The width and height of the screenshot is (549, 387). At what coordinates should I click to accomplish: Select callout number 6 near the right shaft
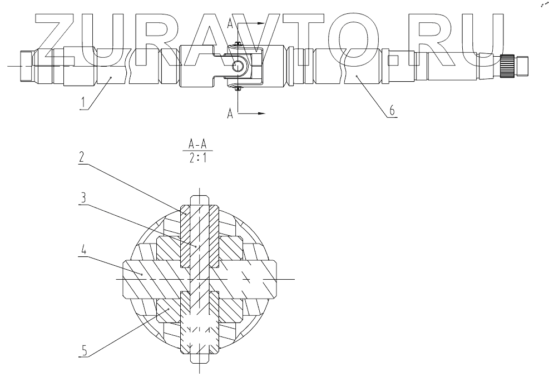point(391,111)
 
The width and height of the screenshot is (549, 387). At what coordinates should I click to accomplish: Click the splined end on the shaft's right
point(508,65)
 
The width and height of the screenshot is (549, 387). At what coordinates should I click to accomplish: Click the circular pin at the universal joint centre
point(238,66)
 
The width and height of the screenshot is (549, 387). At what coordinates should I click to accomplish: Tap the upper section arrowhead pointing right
point(262,23)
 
